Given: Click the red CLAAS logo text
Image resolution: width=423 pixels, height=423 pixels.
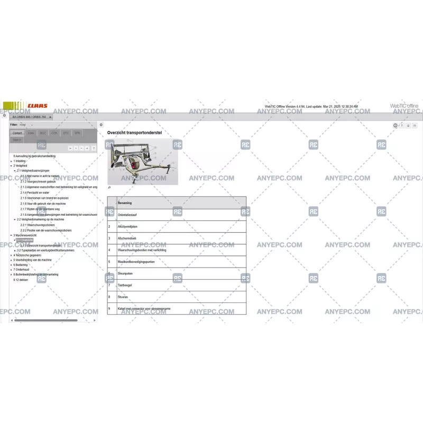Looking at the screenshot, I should tap(38, 106).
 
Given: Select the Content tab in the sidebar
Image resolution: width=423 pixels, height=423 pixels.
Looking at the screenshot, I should tap(17, 133).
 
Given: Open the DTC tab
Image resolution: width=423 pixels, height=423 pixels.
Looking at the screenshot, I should tap(66, 133).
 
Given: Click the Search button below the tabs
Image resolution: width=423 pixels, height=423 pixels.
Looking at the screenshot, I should tap(17, 140).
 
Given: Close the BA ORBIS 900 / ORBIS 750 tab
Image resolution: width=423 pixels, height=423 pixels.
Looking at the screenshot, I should tap(50, 117).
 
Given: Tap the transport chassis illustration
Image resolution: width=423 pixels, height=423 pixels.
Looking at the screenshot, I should tap(143, 162).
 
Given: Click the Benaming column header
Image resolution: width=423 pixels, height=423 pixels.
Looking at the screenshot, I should tap(125, 203).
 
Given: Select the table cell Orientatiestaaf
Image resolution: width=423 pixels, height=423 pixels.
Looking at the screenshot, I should tap(127, 215).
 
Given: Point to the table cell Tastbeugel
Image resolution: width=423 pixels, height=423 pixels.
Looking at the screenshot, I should tap(125, 285).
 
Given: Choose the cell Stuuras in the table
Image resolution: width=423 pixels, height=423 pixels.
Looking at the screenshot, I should tap(123, 297).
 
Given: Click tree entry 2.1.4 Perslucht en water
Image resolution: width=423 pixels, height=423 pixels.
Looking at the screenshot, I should tap(35, 192).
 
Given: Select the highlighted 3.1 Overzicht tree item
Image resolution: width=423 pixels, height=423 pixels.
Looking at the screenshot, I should tap(25, 240).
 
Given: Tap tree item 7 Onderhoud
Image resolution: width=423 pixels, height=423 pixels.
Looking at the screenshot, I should tap(22, 270).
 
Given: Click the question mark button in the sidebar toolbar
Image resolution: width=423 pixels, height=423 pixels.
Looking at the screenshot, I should tap(94, 149).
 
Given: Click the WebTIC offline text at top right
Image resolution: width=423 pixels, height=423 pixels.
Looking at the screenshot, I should tap(404, 106).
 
